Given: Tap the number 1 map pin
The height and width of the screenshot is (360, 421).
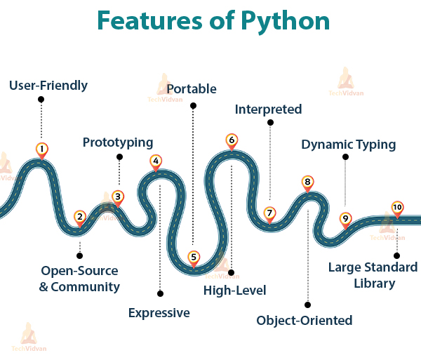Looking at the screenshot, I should tap(42, 149).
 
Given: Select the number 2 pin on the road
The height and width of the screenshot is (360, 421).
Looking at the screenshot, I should tap(80, 218).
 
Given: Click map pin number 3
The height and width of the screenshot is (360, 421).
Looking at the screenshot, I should tap(118, 198).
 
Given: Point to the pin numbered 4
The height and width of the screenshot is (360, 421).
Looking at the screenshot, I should tap(156, 161).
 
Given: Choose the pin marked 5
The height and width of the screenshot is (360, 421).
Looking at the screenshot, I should tap(194, 258).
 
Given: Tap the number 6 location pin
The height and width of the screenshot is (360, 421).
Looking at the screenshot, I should tap(232, 141).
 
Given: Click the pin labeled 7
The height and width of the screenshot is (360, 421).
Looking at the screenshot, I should tap(269, 213).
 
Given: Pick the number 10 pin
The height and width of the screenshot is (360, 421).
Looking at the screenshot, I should tap(397, 208).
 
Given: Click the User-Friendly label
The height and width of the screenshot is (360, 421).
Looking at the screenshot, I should tap(48, 86).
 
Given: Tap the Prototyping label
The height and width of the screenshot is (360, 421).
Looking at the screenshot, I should tap(118, 142).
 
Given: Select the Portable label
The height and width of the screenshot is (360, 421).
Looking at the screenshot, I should tap(192, 89).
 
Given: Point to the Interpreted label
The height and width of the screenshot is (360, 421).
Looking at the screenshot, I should tap(268, 109).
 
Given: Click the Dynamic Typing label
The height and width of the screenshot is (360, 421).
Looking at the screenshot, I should tap(349, 145).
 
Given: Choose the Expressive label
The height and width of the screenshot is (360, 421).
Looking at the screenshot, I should tap(159, 313).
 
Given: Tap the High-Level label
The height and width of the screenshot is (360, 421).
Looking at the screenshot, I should tap(235, 291).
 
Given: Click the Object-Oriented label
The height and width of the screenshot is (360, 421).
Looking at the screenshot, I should tap(305, 321).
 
